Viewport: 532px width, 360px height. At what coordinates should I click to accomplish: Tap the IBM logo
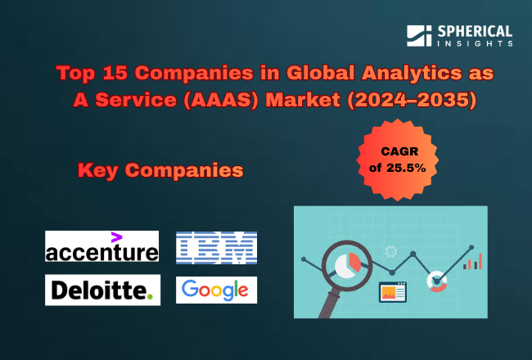click(216, 247)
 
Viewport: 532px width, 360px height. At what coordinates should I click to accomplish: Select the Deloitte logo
click(101, 289)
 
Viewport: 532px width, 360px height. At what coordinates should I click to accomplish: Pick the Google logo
click(216, 290)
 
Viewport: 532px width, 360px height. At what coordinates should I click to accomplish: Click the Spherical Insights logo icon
click(418, 36)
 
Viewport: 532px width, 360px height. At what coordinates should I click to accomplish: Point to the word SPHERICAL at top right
click(476, 31)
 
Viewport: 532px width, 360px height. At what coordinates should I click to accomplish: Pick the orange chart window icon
click(390, 290)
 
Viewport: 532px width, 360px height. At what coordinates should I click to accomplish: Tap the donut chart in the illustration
click(437, 280)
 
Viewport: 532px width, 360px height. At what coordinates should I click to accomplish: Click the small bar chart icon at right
click(472, 262)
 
